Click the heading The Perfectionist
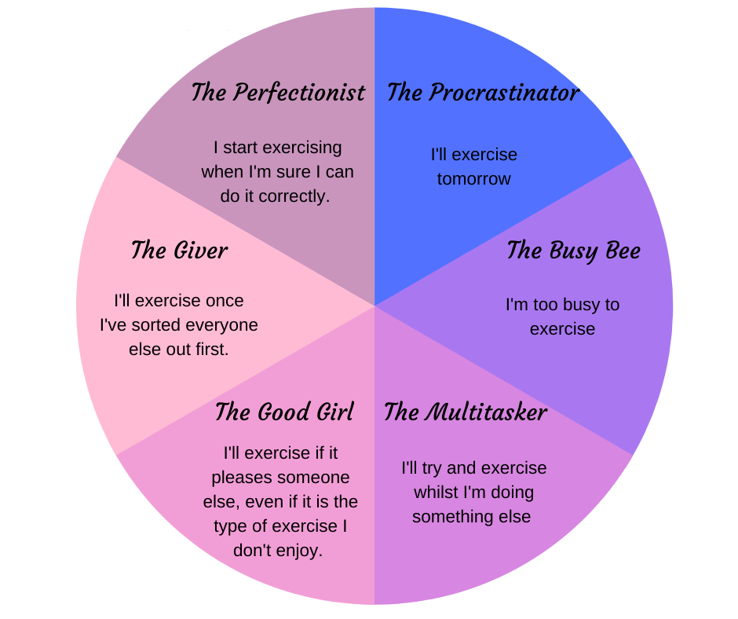click(x=278, y=93)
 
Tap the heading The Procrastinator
click(x=483, y=93)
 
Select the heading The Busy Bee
click(x=573, y=251)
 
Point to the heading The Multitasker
click(x=465, y=412)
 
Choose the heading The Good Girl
click(x=284, y=412)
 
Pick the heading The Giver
click(x=179, y=251)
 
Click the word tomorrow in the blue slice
click(x=474, y=179)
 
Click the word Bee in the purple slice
click(x=623, y=251)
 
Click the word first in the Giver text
click(x=210, y=349)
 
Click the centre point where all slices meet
click(x=374, y=306)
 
